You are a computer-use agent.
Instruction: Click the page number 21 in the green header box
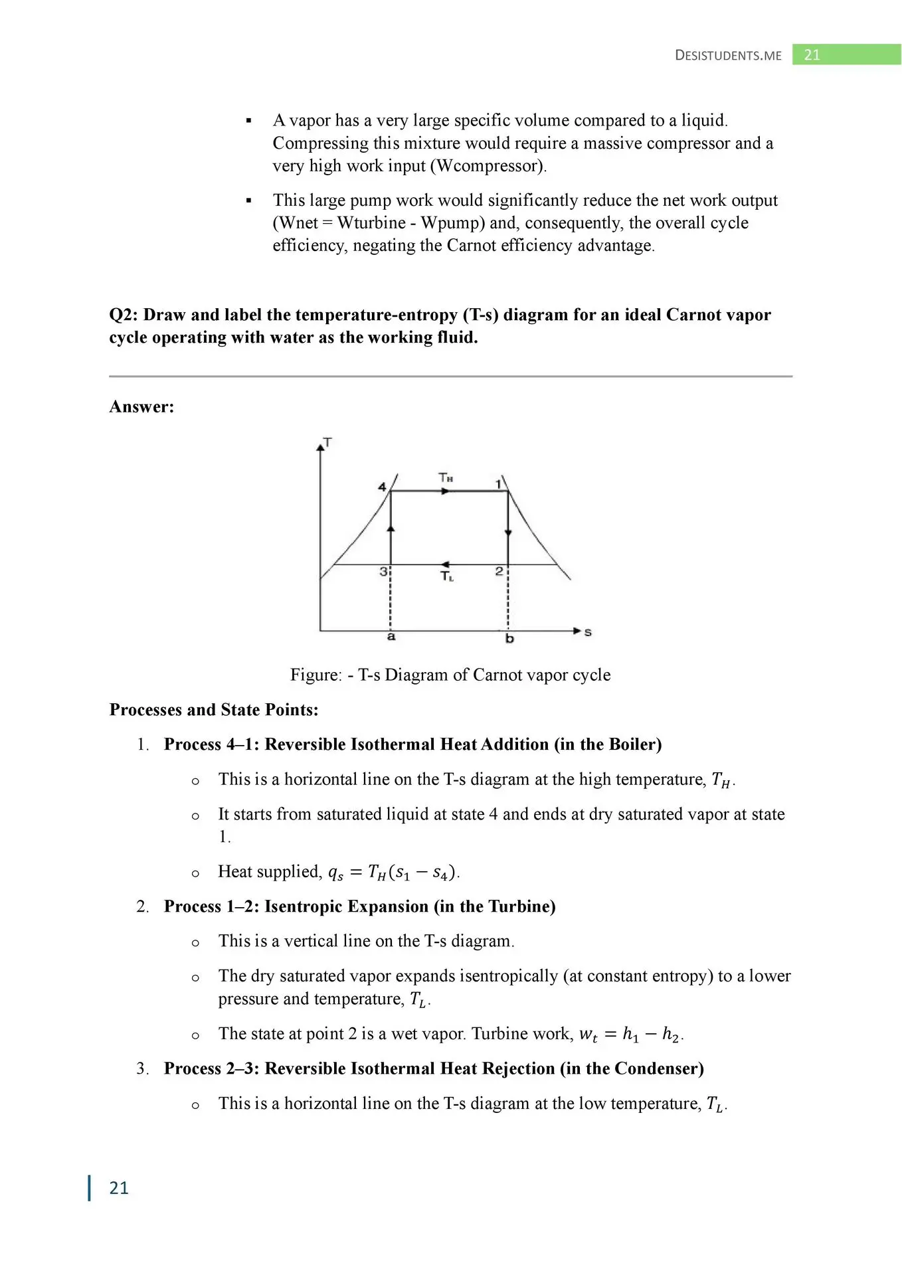tap(812, 55)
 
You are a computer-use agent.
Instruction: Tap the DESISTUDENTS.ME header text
tap(728, 56)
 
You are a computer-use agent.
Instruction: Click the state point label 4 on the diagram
tap(382, 487)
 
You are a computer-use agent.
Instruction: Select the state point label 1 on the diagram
tap(499, 484)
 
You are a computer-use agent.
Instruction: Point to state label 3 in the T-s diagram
tap(383, 571)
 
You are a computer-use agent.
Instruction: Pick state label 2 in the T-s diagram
tap(499, 571)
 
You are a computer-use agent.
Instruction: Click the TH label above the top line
tap(446, 477)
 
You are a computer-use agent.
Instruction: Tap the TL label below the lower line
tap(447, 576)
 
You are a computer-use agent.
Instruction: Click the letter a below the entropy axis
tap(391, 636)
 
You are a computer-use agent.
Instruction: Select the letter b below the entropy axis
tap(509, 638)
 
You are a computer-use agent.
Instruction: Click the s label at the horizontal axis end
tap(588, 632)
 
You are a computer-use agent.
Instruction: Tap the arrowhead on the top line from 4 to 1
tap(446, 491)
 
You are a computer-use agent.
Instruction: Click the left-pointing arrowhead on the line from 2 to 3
tap(445, 564)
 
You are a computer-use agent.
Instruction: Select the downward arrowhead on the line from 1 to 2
tap(508, 533)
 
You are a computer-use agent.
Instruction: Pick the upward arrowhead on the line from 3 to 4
tap(391, 528)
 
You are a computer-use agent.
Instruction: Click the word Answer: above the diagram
tap(141, 407)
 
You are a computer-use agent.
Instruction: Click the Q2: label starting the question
tap(124, 315)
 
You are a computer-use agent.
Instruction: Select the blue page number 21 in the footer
tap(119, 1188)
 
